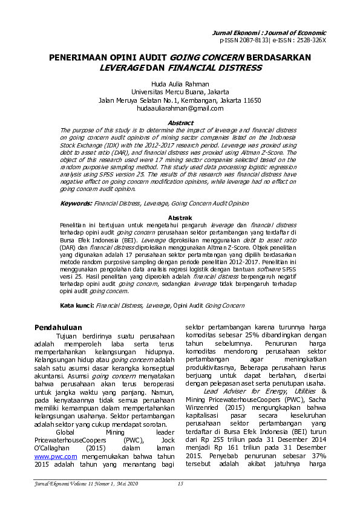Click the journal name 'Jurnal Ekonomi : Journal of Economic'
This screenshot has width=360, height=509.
(274, 32)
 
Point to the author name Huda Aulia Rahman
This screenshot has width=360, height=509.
(180, 83)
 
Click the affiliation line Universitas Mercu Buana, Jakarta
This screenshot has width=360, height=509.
(180, 92)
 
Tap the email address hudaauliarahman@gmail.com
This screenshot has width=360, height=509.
(180, 109)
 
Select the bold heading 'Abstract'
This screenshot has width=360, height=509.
(180, 123)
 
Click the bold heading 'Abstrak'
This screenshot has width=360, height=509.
(180, 217)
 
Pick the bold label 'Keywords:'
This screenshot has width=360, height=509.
(77, 204)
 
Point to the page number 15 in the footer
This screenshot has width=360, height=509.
(180, 483)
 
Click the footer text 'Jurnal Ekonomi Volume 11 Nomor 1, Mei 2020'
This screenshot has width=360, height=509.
(86, 483)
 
